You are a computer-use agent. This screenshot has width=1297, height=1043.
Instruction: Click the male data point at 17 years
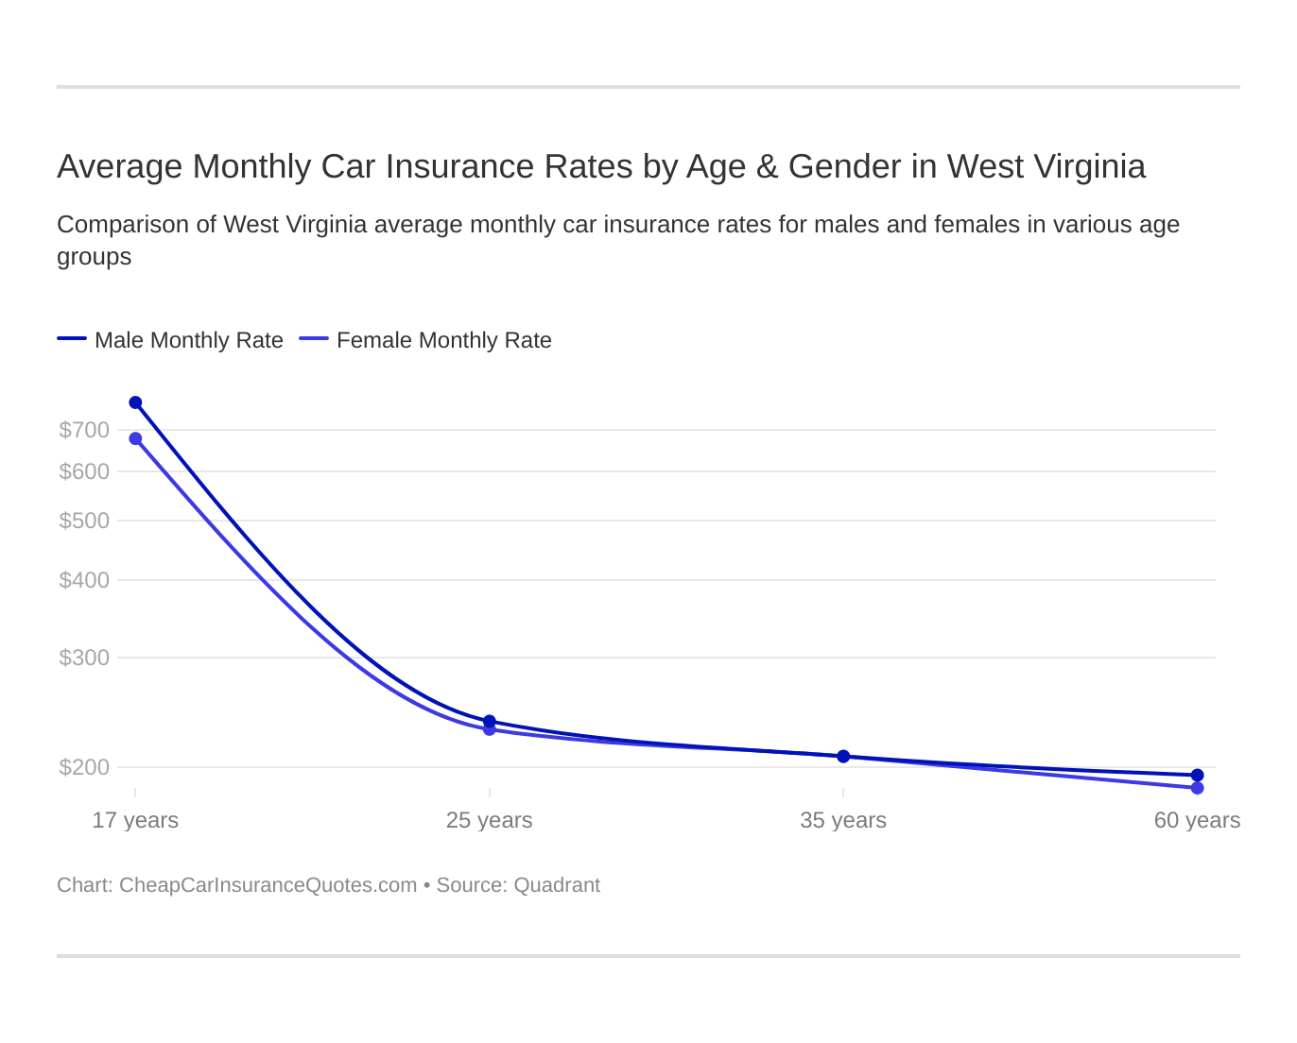(135, 402)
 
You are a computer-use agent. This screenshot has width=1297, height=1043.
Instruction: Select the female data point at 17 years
(135, 438)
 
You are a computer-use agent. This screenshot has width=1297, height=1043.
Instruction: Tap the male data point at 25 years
(490, 721)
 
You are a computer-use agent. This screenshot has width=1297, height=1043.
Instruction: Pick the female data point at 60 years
(1198, 788)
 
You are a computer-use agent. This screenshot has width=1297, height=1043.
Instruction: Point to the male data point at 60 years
(1198, 775)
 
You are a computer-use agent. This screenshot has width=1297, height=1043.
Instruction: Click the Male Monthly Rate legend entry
(171, 340)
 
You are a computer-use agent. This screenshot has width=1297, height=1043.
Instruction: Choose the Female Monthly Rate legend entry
(426, 340)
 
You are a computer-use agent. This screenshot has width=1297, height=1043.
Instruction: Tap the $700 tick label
(84, 430)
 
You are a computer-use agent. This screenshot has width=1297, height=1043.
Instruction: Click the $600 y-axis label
(84, 471)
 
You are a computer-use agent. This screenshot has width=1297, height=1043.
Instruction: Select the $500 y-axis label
(84, 521)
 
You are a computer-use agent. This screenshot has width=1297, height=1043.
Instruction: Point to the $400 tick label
(84, 580)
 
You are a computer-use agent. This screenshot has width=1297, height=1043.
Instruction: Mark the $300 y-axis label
(84, 658)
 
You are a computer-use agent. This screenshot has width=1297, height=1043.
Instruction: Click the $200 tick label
(84, 767)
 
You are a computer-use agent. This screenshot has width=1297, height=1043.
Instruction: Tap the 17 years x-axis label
(135, 820)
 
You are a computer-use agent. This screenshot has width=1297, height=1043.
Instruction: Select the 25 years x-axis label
(490, 820)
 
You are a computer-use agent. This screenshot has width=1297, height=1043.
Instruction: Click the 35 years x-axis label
(843, 820)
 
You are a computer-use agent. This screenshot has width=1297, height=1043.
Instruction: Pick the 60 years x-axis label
(1197, 820)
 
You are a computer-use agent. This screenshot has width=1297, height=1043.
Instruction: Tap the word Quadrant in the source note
(557, 885)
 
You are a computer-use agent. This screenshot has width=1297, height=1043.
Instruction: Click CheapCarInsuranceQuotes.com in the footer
(268, 885)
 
